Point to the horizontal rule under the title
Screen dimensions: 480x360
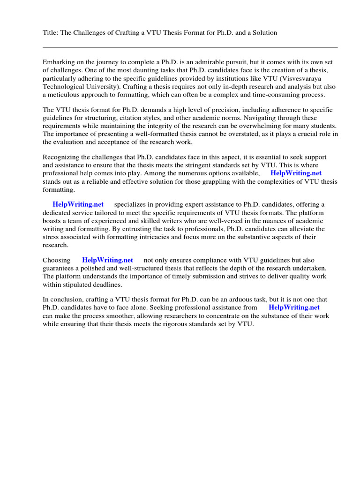click(190, 47)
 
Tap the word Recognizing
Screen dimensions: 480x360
click(61, 157)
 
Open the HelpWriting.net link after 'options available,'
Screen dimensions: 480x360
click(296, 173)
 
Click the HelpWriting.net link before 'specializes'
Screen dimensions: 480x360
click(78, 204)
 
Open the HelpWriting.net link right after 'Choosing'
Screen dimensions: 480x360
click(107, 260)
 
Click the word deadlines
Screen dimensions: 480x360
click(107, 284)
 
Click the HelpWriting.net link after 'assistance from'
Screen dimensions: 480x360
click(294, 307)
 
